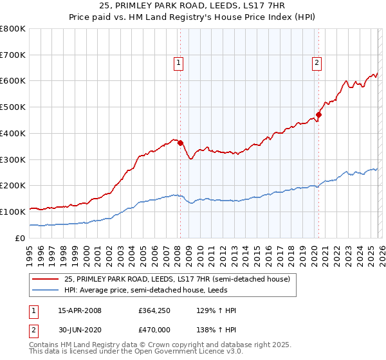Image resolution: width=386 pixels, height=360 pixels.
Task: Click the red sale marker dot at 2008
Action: click(180, 143)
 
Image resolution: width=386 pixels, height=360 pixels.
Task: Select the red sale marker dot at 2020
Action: click(318, 115)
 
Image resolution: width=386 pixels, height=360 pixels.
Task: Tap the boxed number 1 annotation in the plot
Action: click(178, 62)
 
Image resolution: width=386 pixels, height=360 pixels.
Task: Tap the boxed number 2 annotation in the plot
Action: click(317, 62)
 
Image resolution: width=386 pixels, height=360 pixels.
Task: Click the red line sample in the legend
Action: click(46, 279)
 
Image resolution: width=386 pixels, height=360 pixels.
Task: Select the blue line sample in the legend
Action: click(46, 290)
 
